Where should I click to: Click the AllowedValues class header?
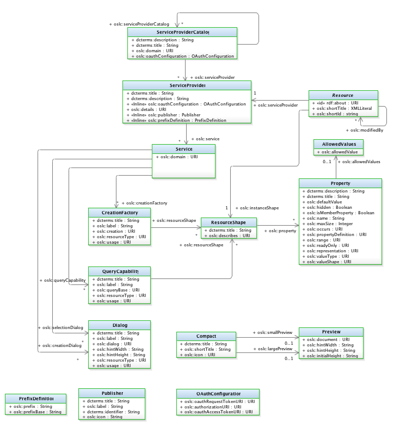coord(339,144)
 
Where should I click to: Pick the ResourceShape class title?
coord(229,222)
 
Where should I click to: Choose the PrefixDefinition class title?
coord(35,399)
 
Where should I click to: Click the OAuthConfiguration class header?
coord(217,394)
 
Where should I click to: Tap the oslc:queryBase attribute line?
coord(116,290)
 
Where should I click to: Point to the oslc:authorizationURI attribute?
coord(210,406)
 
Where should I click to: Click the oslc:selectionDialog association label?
coord(60,328)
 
